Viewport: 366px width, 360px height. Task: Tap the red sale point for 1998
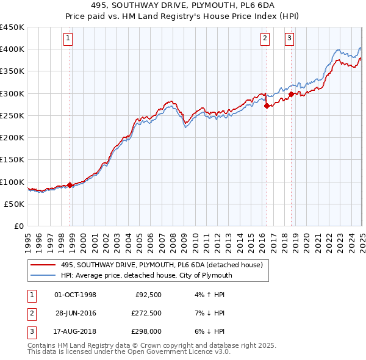(x=70, y=185)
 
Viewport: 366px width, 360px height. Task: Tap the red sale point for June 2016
(x=267, y=106)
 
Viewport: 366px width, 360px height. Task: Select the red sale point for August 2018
(x=291, y=94)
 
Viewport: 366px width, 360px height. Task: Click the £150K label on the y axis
(x=12, y=160)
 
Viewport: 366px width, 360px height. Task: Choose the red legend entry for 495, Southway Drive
(x=162, y=265)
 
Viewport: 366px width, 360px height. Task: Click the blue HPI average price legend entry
(x=146, y=275)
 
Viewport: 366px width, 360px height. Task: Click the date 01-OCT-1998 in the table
(x=76, y=295)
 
